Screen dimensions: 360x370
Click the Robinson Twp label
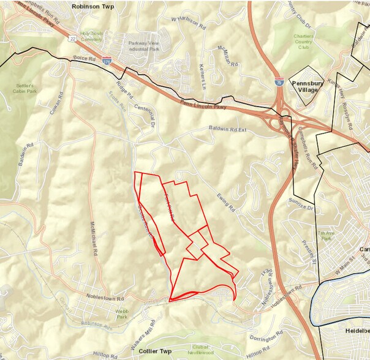click(93, 6)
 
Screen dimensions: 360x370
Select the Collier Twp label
click(156, 352)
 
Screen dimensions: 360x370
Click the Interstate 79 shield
click(279, 80)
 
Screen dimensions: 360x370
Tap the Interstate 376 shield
click(108, 61)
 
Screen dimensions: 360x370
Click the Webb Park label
click(121, 313)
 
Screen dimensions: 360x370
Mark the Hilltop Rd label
click(105, 354)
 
